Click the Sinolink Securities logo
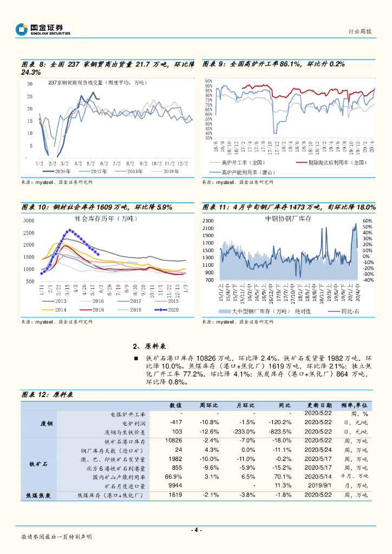pyautogui.click(x=43, y=29)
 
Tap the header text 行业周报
pyautogui.click(x=360, y=32)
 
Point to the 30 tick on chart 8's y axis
pyautogui.click(x=30, y=84)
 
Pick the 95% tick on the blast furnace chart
pyautogui.click(x=208, y=82)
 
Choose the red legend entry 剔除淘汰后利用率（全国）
pyautogui.click(x=330, y=162)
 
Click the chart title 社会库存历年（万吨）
pyautogui.click(x=106, y=219)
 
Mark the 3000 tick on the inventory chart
pyautogui.click(x=29, y=221)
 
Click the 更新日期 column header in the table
pyautogui.click(x=321, y=405)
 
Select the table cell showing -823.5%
pyautogui.click(x=280, y=432)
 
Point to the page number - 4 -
pyautogui.click(x=195, y=530)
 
